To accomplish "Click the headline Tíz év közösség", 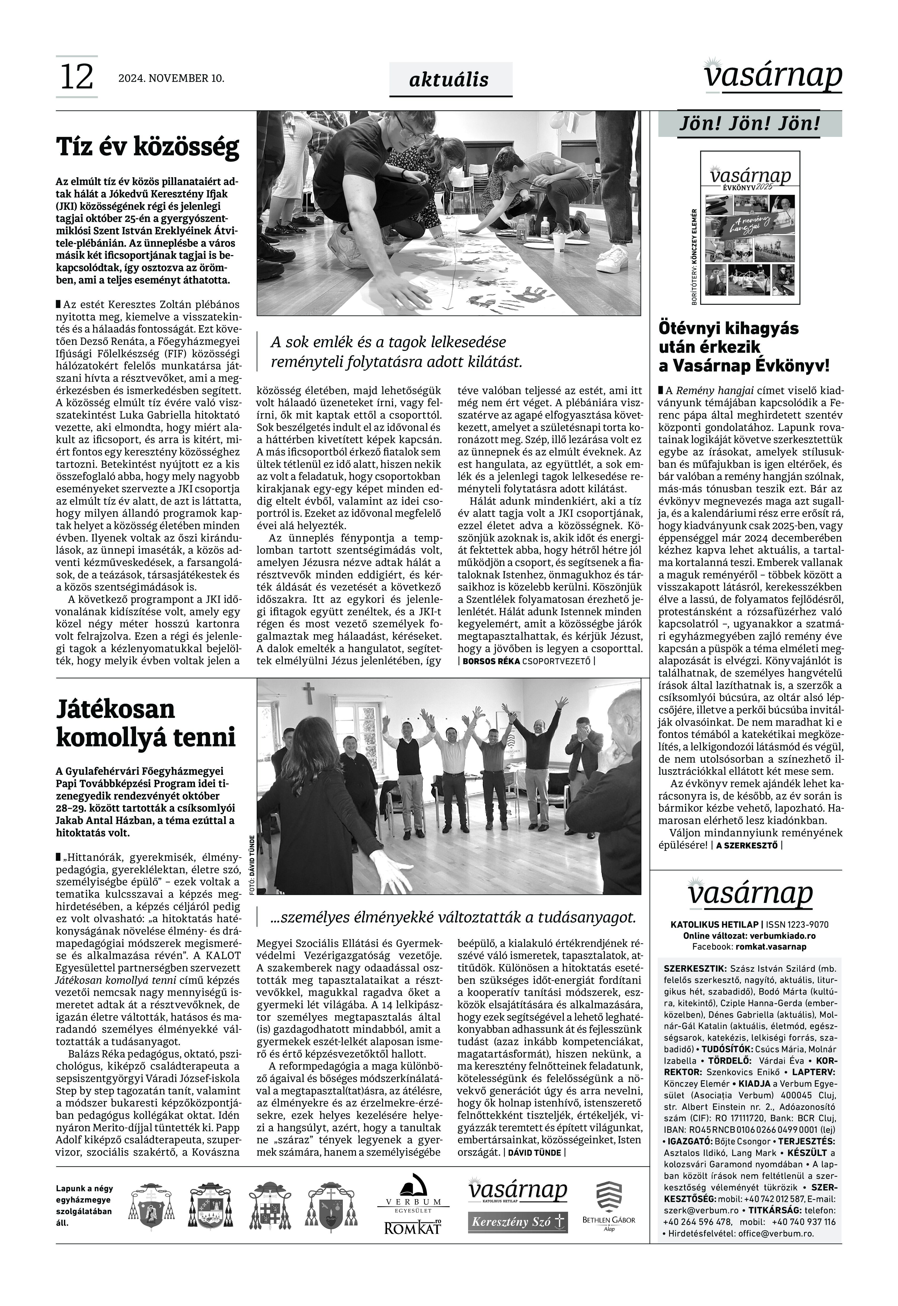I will click(147, 147).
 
